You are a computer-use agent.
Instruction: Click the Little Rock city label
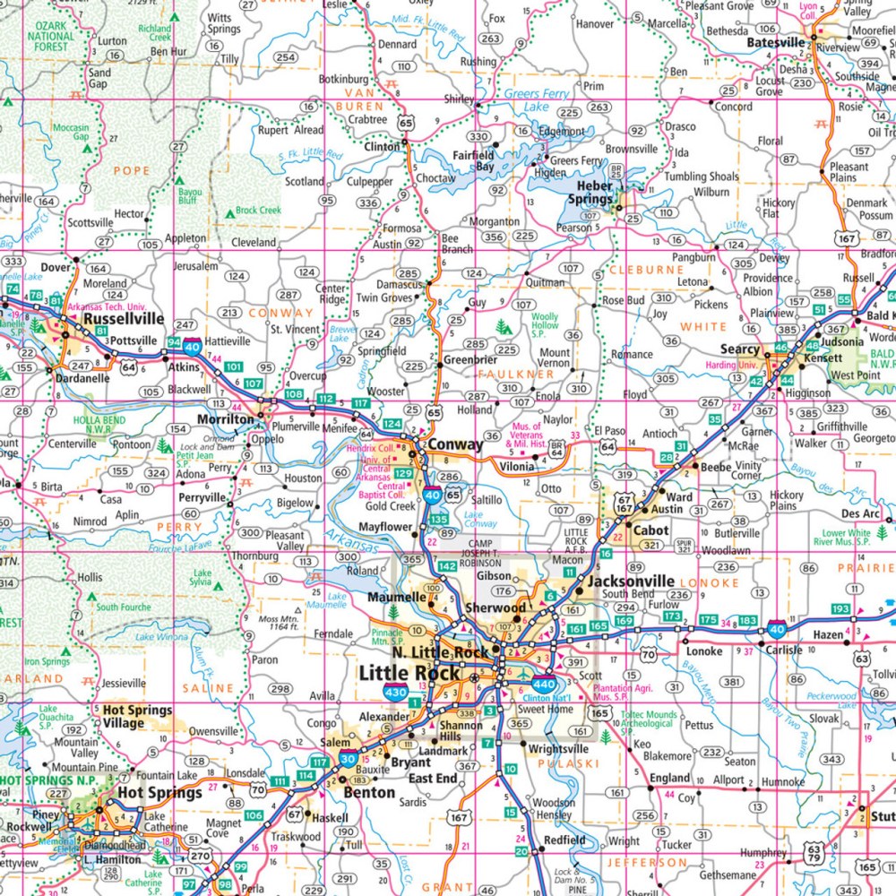click(x=409, y=673)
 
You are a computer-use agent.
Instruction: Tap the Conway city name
click(x=455, y=444)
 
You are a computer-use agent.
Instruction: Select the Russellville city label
click(x=124, y=318)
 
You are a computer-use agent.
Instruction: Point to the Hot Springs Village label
click(x=132, y=717)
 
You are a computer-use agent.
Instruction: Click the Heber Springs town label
click(x=588, y=193)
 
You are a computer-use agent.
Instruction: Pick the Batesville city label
click(x=776, y=42)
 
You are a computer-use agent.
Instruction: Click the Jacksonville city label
click(x=630, y=582)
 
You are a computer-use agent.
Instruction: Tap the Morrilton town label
click(x=228, y=419)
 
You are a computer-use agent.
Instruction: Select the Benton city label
click(x=369, y=792)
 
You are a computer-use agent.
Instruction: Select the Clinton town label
click(x=382, y=146)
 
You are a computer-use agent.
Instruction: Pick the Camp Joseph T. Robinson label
click(x=487, y=556)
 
